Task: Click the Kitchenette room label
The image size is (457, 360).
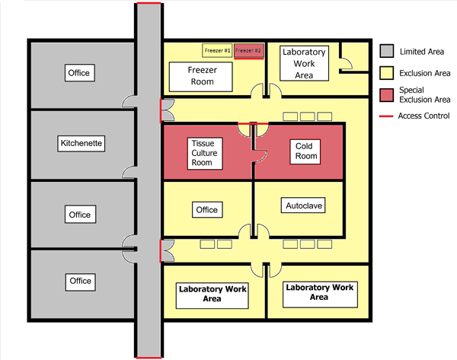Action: pos(80,142)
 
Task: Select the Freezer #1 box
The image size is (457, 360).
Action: pos(216,51)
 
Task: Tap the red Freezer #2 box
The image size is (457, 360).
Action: pos(248,51)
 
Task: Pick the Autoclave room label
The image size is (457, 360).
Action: pos(304,205)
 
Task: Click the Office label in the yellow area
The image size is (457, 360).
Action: pos(206,210)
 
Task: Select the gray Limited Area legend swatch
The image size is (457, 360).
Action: pos(387,51)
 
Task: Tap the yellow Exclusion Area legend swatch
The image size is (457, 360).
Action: pos(387,74)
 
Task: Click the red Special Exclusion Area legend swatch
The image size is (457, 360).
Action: pos(387,95)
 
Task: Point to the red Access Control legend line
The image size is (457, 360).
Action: pos(387,116)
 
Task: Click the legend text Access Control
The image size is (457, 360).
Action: pos(424,116)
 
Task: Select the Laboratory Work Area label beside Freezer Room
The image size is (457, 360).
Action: pos(304,64)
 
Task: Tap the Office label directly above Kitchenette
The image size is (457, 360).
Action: pos(79,73)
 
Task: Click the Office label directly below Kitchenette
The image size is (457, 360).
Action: pos(79,215)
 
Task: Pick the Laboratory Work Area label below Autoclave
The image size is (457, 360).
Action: pos(318,292)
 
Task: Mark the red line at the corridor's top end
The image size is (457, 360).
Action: pos(149,4)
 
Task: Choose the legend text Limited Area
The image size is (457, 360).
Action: pos(421,51)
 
